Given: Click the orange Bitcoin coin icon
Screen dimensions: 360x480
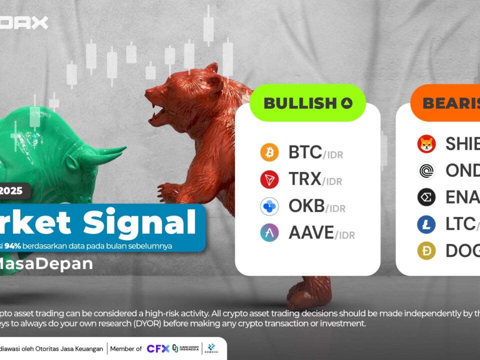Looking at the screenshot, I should tap(269, 152).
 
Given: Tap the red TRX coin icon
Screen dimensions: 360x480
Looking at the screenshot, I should tap(269, 179).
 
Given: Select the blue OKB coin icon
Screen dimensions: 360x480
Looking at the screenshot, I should tap(269, 206).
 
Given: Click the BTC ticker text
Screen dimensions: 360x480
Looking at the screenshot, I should tap(305, 152).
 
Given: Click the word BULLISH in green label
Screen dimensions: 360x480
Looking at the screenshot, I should tap(300, 103).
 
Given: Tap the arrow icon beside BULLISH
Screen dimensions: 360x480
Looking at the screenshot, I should tap(347, 103).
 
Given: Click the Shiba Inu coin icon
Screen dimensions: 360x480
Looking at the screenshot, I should tap(426, 144).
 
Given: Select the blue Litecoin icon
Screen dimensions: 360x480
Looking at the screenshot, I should tap(426, 224).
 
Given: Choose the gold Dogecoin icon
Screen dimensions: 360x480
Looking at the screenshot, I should tap(426, 251).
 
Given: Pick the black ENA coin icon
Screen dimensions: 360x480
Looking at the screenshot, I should tap(426, 197).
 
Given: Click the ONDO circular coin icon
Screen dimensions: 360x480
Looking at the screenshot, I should tap(426, 170).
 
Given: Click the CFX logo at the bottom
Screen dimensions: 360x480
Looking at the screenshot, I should tap(157, 348).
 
